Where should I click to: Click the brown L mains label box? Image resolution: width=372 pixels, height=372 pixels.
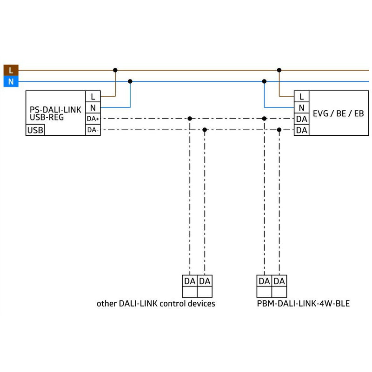pyautogui.click(x=11, y=70)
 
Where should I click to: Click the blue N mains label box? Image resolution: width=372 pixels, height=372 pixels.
pyautogui.click(x=11, y=81)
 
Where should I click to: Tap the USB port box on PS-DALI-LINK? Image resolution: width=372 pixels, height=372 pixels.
pyautogui.click(x=35, y=130)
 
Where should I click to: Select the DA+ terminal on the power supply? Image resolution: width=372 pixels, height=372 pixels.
pyautogui.click(x=93, y=119)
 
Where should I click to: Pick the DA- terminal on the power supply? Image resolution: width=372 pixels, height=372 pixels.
pyautogui.click(x=93, y=130)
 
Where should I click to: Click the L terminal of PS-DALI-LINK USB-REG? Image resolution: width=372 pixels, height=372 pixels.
pyautogui.click(x=93, y=96)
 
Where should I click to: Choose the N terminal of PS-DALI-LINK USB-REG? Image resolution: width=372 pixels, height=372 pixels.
pyautogui.click(x=93, y=108)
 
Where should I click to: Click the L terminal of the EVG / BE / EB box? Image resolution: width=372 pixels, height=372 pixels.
pyautogui.click(x=301, y=96)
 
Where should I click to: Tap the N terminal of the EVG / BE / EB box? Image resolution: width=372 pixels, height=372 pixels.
pyautogui.click(x=301, y=108)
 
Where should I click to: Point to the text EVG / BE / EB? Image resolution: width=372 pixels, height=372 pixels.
pyautogui.click(x=339, y=113)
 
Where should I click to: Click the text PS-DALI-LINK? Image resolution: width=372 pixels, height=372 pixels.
pyautogui.click(x=55, y=110)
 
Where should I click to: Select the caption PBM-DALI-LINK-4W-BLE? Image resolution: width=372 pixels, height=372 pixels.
pyautogui.click(x=304, y=304)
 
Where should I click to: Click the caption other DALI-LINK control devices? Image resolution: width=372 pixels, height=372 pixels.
pyautogui.click(x=156, y=304)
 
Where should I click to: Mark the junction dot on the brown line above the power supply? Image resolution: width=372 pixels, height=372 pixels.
pyautogui.click(x=115, y=70)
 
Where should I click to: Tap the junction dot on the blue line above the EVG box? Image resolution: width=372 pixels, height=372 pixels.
pyautogui.click(x=264, y=81)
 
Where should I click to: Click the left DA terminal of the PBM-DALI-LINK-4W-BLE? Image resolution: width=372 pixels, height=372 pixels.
pyautogui.click(x=264, y=281)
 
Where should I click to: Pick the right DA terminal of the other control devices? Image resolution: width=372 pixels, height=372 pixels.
pyautogui.click(x=205, y=281)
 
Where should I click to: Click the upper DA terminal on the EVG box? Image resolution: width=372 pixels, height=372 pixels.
pyautogui.click(x=301, y=119)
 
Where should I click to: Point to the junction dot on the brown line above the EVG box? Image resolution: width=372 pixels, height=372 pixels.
pyautogui.click(x=279, y=70)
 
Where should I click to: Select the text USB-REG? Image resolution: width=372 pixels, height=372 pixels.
pyautogui.click(x=47, y=117)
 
